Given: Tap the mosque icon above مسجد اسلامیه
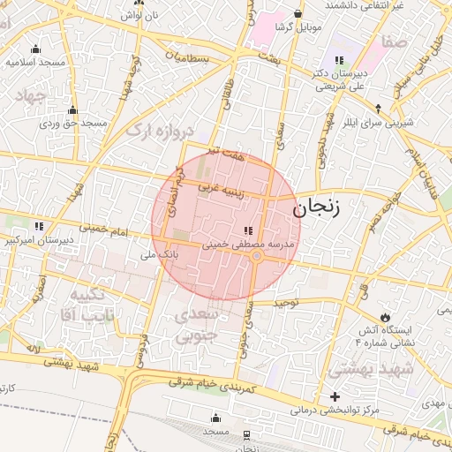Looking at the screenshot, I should tap(35, 49).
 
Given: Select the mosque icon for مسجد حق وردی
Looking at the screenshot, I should tap(72, 110).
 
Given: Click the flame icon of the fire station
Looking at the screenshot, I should tap(386, 316).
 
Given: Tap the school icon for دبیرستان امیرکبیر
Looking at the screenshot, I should tap(38, 225).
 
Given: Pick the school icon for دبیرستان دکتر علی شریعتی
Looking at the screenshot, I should tap(340, 60).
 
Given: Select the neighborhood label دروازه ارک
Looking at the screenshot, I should tap(160, 132).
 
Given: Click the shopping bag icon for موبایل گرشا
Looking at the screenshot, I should tap(298, 14).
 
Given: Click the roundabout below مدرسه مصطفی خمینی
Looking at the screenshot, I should tap(256, 257).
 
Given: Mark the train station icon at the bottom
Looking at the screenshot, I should tap(245, 434).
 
